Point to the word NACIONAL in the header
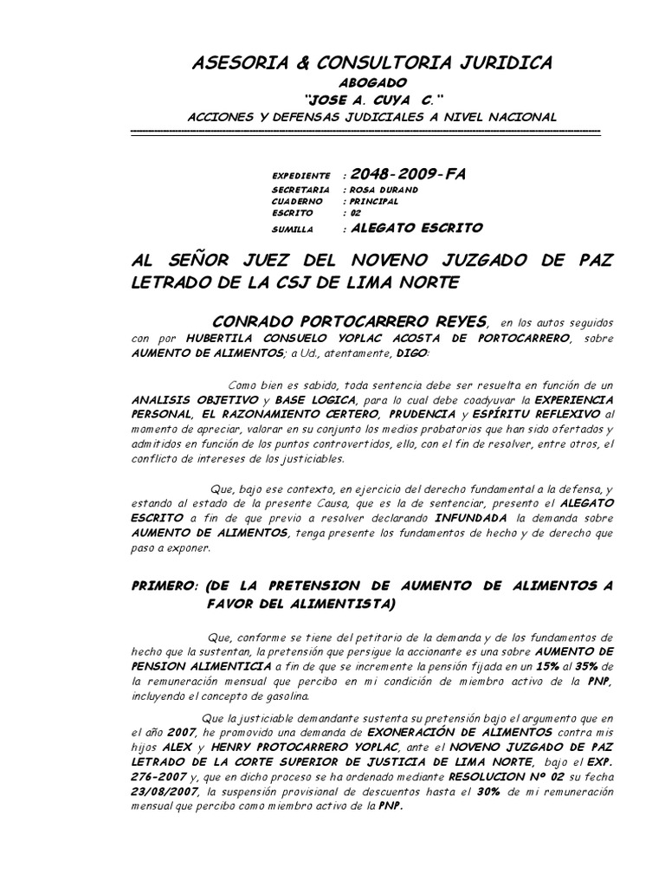[x=525, y=116]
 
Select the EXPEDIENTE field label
[x=300, y=175]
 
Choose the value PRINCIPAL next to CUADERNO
[x=373, y=201]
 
